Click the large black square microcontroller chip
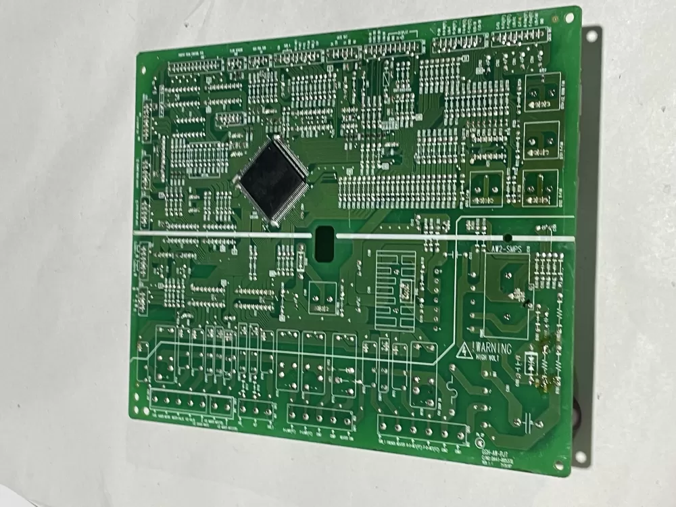coord(270,178)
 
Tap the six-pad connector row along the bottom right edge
coord(423,430)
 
